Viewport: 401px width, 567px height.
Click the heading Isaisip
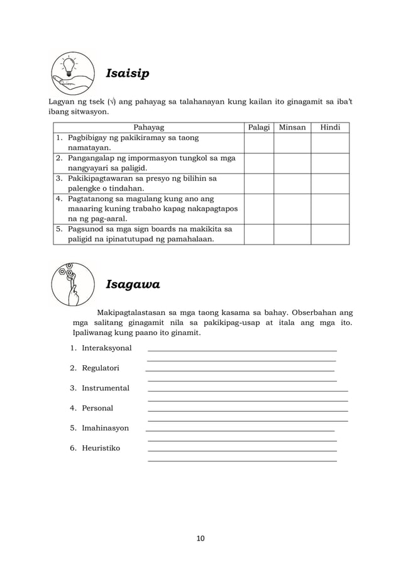point(128,74)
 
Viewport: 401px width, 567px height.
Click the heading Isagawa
point(133,285)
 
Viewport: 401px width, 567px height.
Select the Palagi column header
point(258,127)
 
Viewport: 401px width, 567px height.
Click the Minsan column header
point(292,127)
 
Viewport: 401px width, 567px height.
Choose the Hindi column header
point(330,127)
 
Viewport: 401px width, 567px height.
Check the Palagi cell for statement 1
point(258,143)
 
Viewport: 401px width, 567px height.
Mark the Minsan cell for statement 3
point(292,184)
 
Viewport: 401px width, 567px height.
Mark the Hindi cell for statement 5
point(330,234)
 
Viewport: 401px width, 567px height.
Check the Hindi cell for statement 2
point(330,163)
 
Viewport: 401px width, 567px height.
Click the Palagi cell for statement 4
point(258,209)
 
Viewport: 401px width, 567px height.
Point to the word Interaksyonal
point(106,348)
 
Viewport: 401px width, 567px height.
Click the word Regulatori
point(100,368)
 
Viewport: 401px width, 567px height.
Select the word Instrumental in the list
point(105,388)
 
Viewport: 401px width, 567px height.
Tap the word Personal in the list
point(97,409)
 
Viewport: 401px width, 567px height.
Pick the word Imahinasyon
point(105,428)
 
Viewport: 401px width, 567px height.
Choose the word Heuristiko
point(101,448)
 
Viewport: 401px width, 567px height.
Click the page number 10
point(200,539)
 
